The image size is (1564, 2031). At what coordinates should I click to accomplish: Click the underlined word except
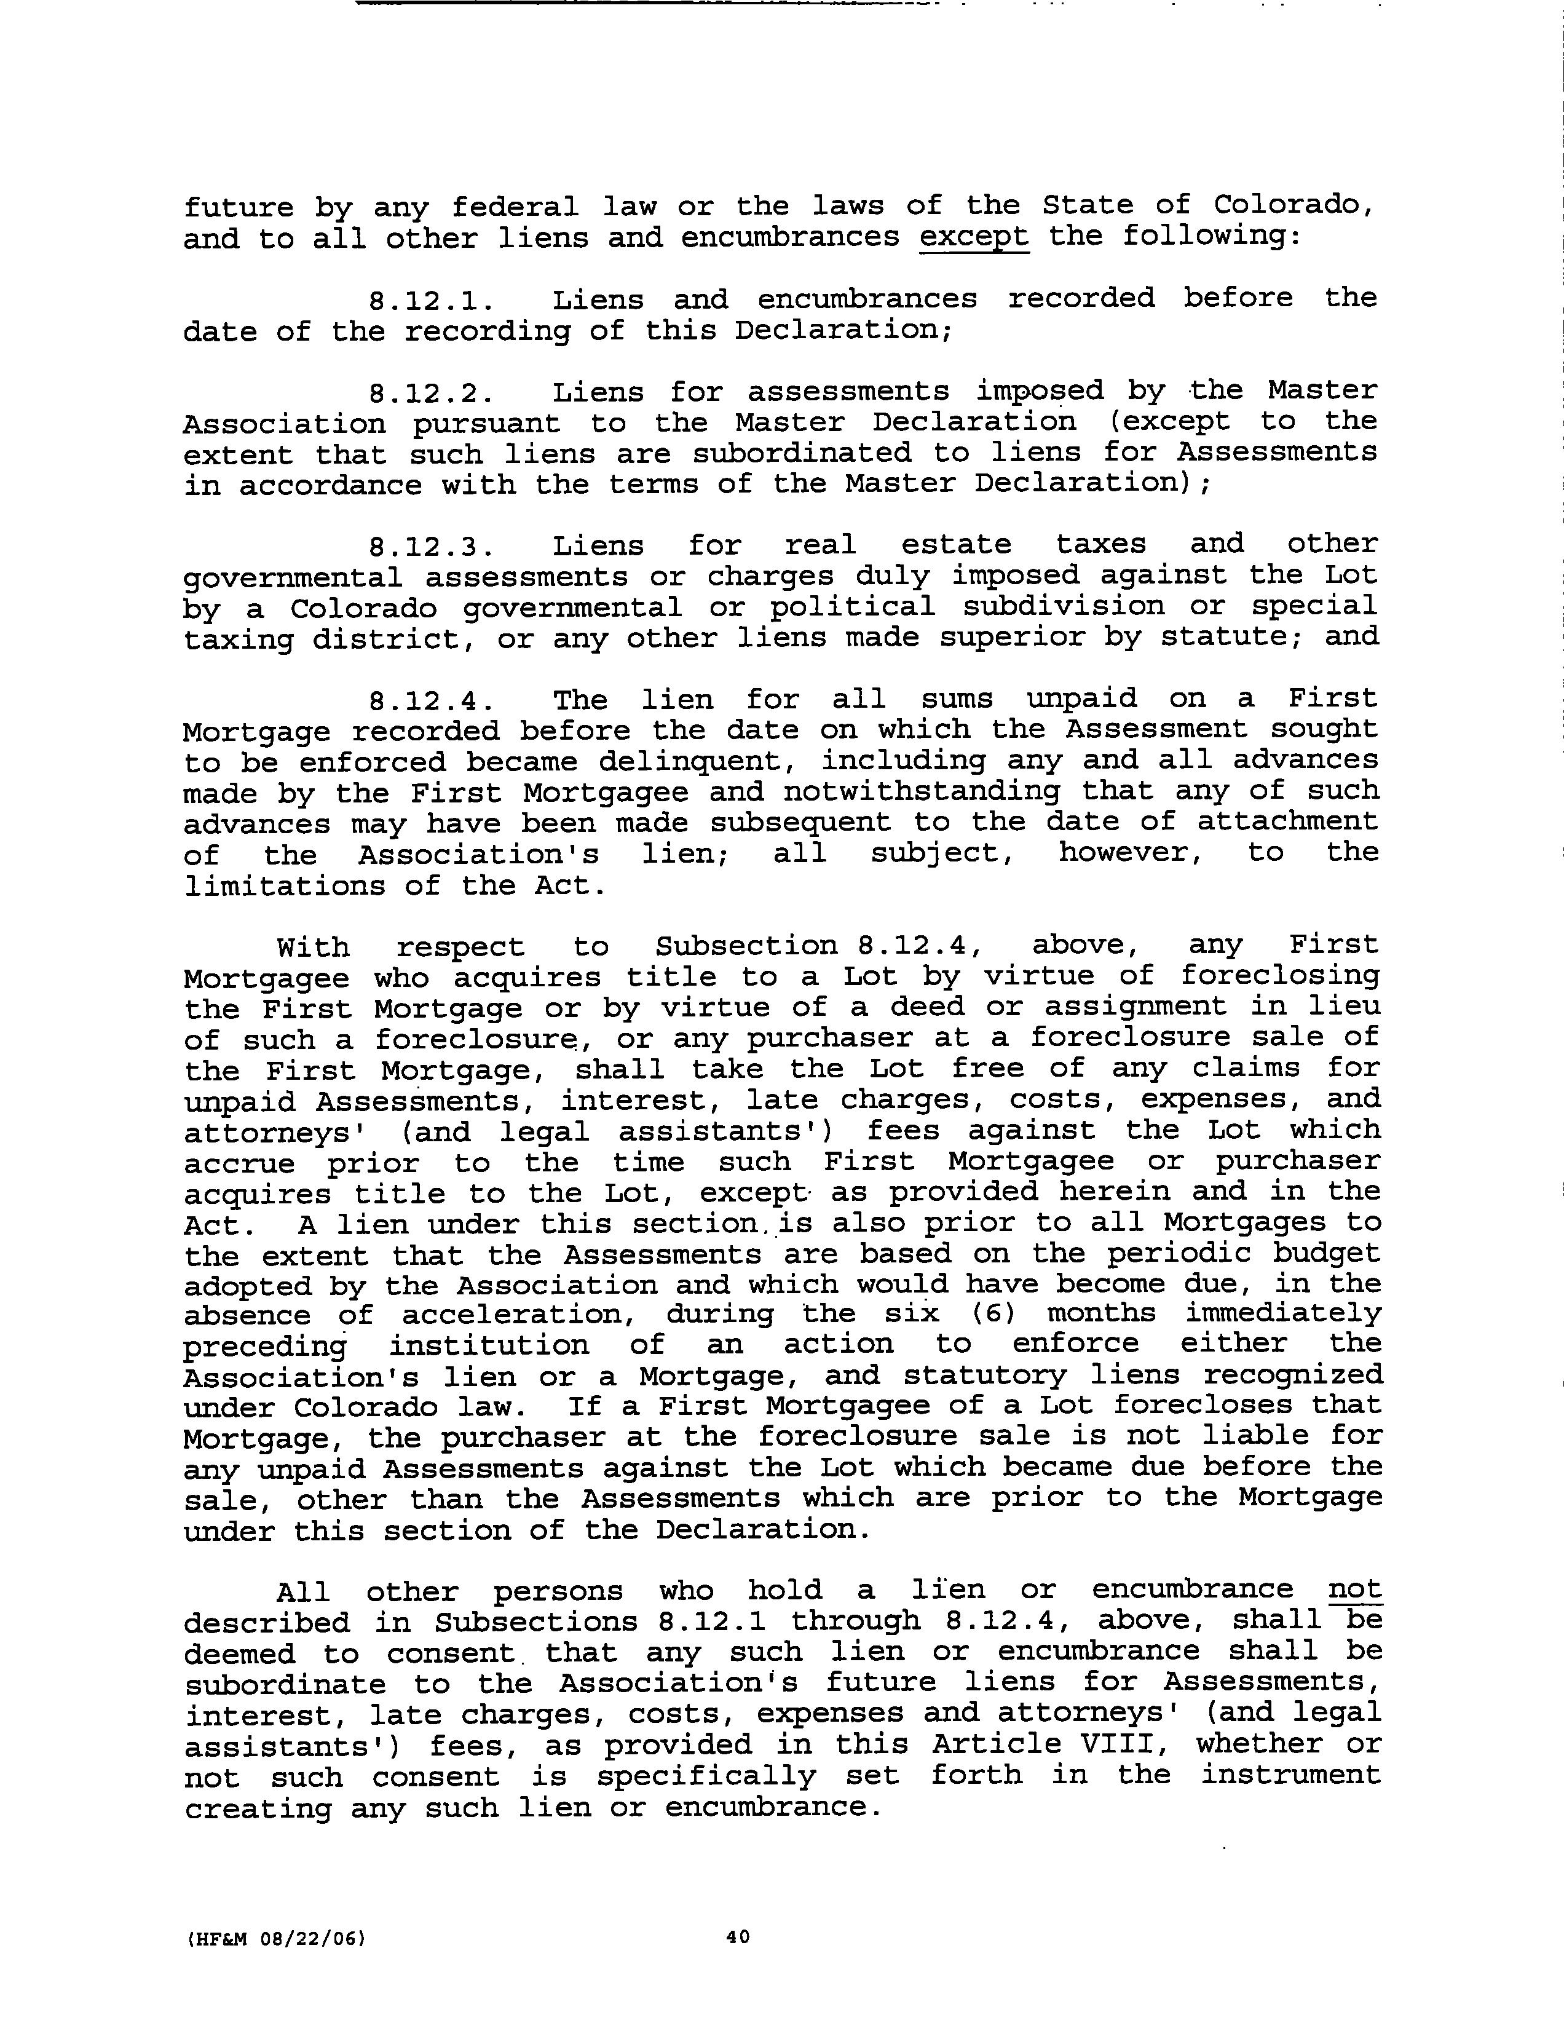click(x=974, y=236)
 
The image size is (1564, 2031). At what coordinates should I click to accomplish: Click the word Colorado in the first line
click(x=1292, y=205)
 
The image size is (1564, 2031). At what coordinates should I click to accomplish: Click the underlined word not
click(x=1355, y=1590)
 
